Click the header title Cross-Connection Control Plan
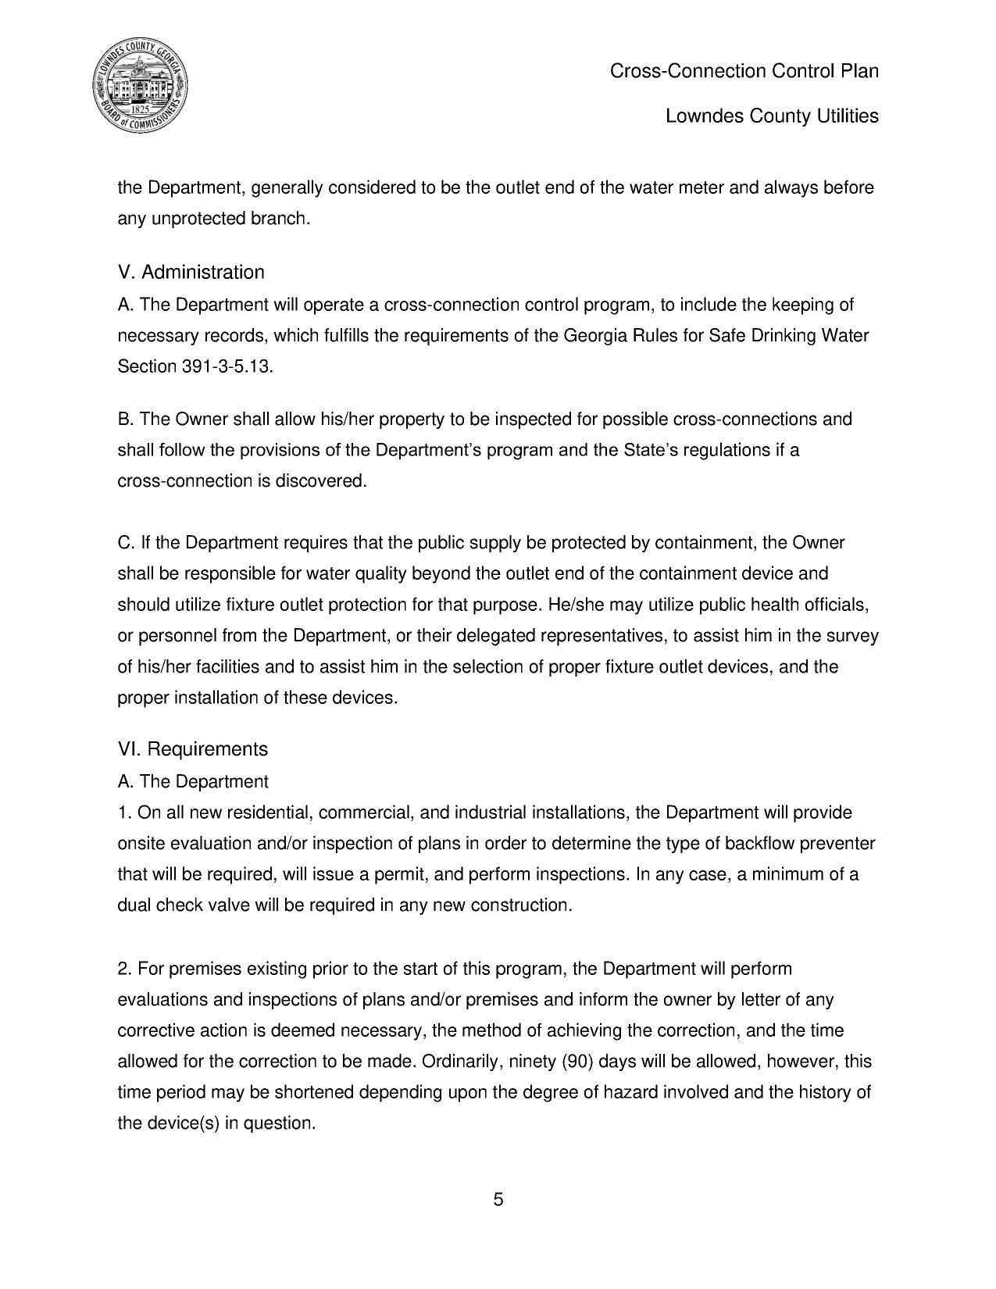(744, 71)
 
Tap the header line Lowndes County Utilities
(771, 116)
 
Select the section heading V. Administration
(191, 272)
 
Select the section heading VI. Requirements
(192, 749)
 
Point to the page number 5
(498, 1199)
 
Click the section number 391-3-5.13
(227, 366)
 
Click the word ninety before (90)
(533, 1062)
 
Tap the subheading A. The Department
(192, 782)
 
